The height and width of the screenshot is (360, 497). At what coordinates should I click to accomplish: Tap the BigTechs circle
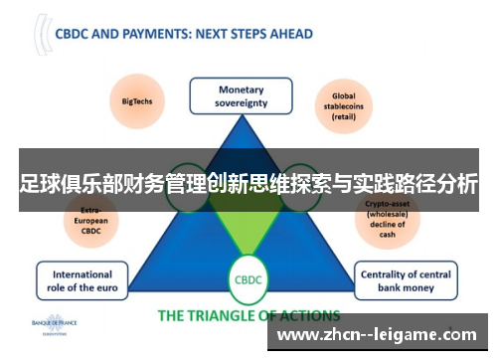137,99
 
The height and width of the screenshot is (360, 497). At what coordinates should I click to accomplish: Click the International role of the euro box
83,281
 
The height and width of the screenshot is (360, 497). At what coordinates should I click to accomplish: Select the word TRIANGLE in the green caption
226,316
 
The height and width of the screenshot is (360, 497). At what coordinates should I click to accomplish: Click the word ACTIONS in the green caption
304,316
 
